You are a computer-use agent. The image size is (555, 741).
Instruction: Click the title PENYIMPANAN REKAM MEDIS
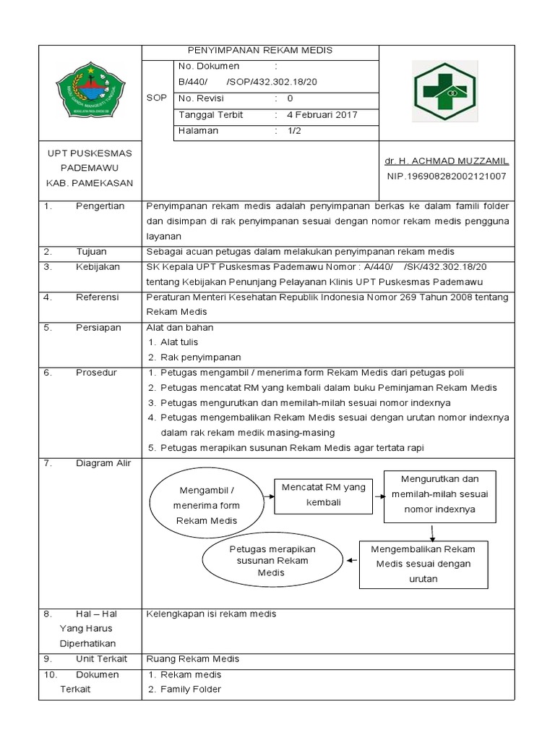point(259,50)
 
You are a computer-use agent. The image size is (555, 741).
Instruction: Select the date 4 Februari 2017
point(322,115)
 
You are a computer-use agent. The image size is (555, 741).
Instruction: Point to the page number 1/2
point(295,131)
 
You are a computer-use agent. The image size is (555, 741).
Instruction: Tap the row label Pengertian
point(100,206)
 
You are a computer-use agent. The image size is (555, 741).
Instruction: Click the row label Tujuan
point(92,252)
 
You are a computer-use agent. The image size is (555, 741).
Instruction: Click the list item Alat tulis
point(178,342)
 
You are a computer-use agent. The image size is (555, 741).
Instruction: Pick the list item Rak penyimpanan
point(200,357)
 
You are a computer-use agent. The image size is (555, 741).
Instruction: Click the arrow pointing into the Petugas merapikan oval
point(351,559)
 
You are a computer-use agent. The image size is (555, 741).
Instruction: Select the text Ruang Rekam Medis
point(192,659)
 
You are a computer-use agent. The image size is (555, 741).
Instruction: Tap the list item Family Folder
point(190,689)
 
